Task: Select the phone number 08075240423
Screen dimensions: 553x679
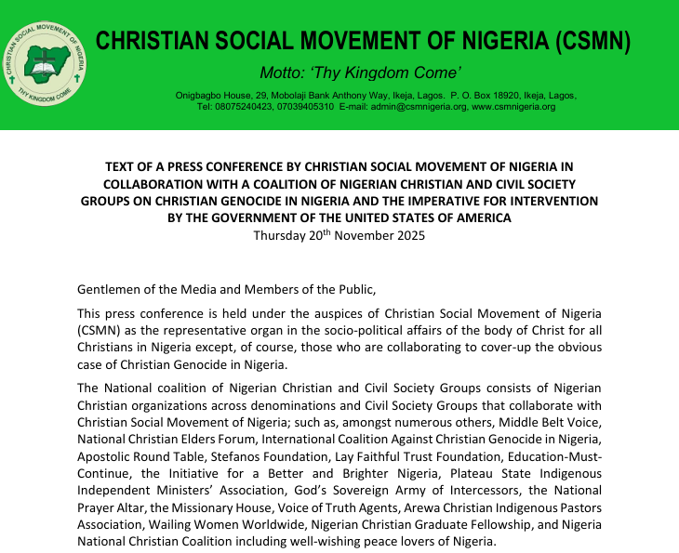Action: [x=248, y=107]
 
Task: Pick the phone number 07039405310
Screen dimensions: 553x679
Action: [x=304, y=107]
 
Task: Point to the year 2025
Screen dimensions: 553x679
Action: [x=408, y=235]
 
